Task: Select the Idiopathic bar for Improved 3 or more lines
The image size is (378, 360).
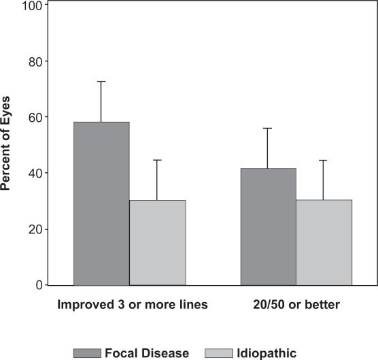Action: point(157,242)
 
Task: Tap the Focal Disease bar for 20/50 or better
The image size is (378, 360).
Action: point(269,226)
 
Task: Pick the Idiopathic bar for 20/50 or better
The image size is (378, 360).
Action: point(324,242)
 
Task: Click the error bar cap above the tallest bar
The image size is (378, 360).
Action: point(101,82)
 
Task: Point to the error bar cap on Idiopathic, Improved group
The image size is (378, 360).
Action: point(157,160)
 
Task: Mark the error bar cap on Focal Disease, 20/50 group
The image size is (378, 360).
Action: point(269,128)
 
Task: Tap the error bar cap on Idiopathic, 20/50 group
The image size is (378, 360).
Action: point(324,160)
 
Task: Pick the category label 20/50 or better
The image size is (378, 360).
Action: point(296,306)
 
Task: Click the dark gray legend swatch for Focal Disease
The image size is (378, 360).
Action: point(87,353)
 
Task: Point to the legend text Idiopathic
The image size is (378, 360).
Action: point(268,353)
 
